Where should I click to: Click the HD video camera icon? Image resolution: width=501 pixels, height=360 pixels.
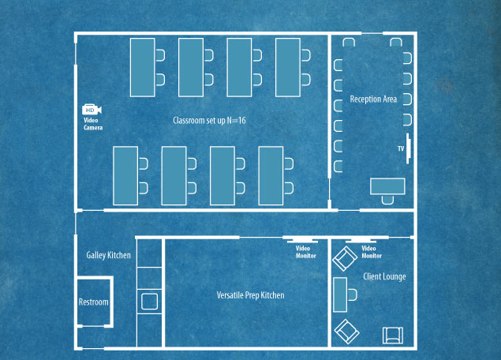[92, 110]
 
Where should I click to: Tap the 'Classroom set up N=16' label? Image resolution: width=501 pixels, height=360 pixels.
[209, 121]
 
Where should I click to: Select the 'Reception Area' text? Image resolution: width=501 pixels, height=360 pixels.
[373, 99]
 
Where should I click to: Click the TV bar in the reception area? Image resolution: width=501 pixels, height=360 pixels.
[408, 148]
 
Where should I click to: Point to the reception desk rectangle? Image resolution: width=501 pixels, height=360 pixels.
[387, 186]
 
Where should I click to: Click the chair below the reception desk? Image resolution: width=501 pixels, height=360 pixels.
[387, 200]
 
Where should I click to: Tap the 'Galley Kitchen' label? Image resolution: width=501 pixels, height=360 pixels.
[108, 255]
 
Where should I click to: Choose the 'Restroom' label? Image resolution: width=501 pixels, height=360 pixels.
[94, 302]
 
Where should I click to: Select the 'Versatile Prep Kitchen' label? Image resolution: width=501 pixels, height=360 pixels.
[251, 295]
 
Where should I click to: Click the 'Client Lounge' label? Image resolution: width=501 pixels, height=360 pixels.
[384, 276]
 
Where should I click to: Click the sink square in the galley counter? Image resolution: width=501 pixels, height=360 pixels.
[150, 302]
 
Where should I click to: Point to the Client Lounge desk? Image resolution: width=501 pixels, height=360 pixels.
[340, 294]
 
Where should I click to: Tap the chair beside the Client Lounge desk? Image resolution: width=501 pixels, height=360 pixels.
[353, 294]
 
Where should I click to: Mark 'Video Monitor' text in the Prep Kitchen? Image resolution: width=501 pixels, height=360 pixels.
[306, 252]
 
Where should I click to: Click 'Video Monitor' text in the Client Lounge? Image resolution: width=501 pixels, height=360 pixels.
[372, 252]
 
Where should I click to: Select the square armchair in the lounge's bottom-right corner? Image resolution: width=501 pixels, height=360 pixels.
[393, 336]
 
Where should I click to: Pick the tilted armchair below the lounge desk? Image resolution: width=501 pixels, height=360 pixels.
[346, 332]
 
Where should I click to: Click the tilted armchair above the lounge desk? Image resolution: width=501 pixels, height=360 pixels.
[345, 259]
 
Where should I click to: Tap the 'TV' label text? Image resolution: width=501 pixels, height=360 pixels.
[401, 148]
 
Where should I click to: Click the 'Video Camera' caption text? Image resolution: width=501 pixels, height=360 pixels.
[93, 124]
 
